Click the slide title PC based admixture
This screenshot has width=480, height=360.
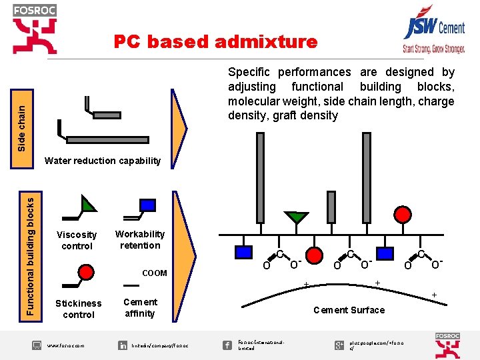(x=215, y=42)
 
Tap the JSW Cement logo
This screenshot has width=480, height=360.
(x=433, y=33)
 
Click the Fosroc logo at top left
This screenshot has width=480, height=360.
(x=35, y=29)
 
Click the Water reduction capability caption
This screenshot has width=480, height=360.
(x=102, y=161)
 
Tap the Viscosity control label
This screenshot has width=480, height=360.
(x=77, y=241)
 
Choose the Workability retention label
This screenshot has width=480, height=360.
(x=140, y=239)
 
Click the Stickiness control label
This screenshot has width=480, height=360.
(x=79, y=309)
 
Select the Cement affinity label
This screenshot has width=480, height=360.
(x=140, y=307)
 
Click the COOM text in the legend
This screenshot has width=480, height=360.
(x=155, y=273)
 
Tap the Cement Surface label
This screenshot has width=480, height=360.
(x=349, y=310)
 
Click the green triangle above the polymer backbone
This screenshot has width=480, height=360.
(x=296, y=217)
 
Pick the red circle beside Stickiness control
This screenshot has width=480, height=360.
(x=85, y=271)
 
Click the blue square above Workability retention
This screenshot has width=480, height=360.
(x=147, y=205)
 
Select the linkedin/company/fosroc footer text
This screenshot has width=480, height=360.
(x=160, y=345)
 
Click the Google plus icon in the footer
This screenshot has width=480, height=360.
(x=339, y=345)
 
